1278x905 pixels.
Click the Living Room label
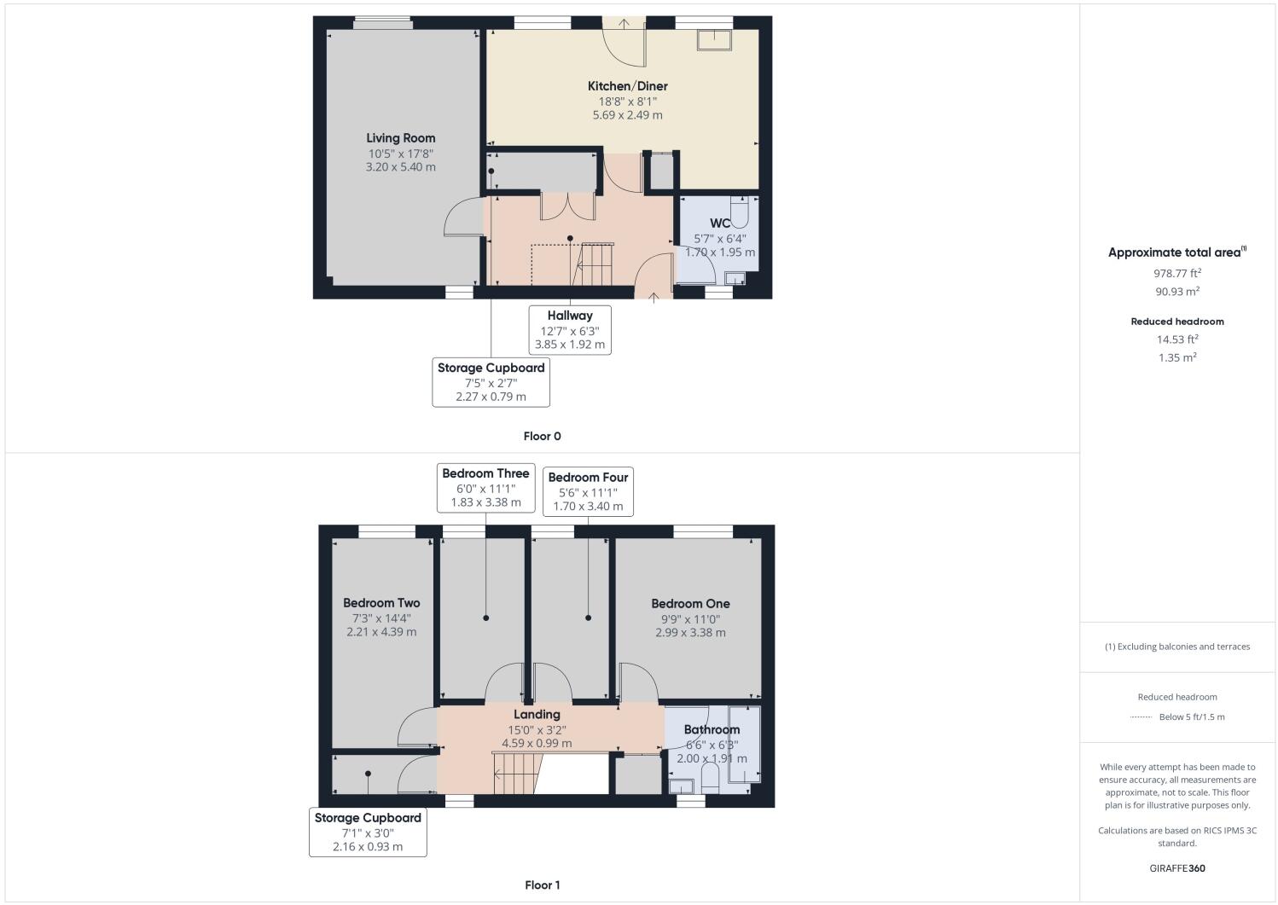tap(400, 138)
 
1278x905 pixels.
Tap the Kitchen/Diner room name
tap(627, 86)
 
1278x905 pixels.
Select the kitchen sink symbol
tap(714, 40)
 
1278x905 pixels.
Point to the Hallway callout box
tap(569, 329)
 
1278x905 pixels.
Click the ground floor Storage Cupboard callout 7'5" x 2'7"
tap(491, 381)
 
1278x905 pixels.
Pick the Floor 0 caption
tap(542, 436)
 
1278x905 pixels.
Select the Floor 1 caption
tap(542, 885)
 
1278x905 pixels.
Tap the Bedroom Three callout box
tap(485, 487)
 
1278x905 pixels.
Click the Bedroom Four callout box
tap(588, 491)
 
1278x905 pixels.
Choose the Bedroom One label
tap(690, 604)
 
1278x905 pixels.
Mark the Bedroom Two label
tap(381, 603)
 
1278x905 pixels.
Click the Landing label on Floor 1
tap(537, 715)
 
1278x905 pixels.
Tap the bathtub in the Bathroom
tap(744, 743)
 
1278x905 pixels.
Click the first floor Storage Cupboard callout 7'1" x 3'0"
tap(368, 832)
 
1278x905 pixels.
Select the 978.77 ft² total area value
tap(1176, 274)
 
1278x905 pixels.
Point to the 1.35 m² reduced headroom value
tap(1176, 357)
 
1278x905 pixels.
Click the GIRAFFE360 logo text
tap(1176, 868)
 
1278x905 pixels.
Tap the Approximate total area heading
tap(1176, 252)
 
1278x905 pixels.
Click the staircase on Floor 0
tap(595, 264)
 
